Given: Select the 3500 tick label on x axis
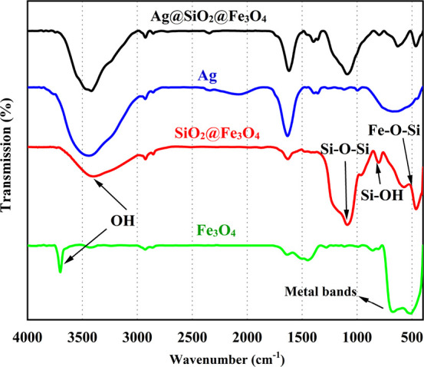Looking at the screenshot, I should tap(82, 336).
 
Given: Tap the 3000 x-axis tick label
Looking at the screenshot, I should tap(137, 336).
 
